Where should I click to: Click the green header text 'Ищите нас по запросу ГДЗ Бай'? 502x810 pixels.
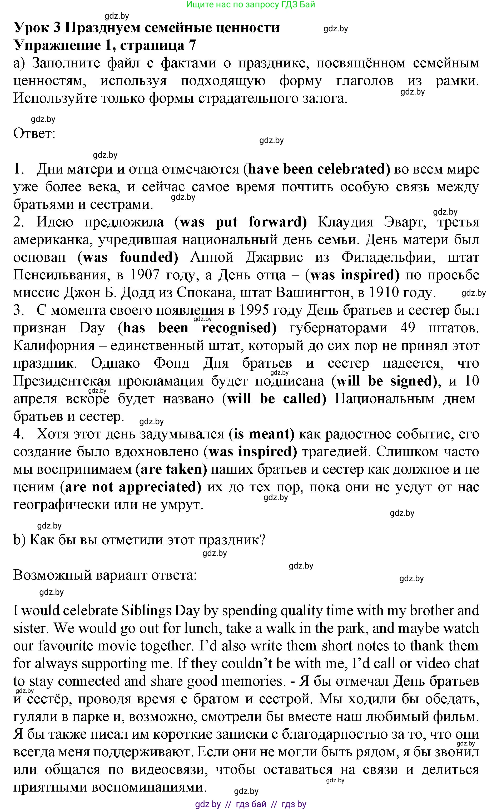coord(250,5)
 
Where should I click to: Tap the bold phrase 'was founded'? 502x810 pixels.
coord(128,257)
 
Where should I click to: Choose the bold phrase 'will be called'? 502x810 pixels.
coord(274,398)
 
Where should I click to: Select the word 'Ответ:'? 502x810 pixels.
coord(34,134)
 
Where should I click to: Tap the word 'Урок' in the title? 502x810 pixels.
coord(33,28)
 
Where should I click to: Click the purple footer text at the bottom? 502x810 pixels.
coord(250,804)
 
